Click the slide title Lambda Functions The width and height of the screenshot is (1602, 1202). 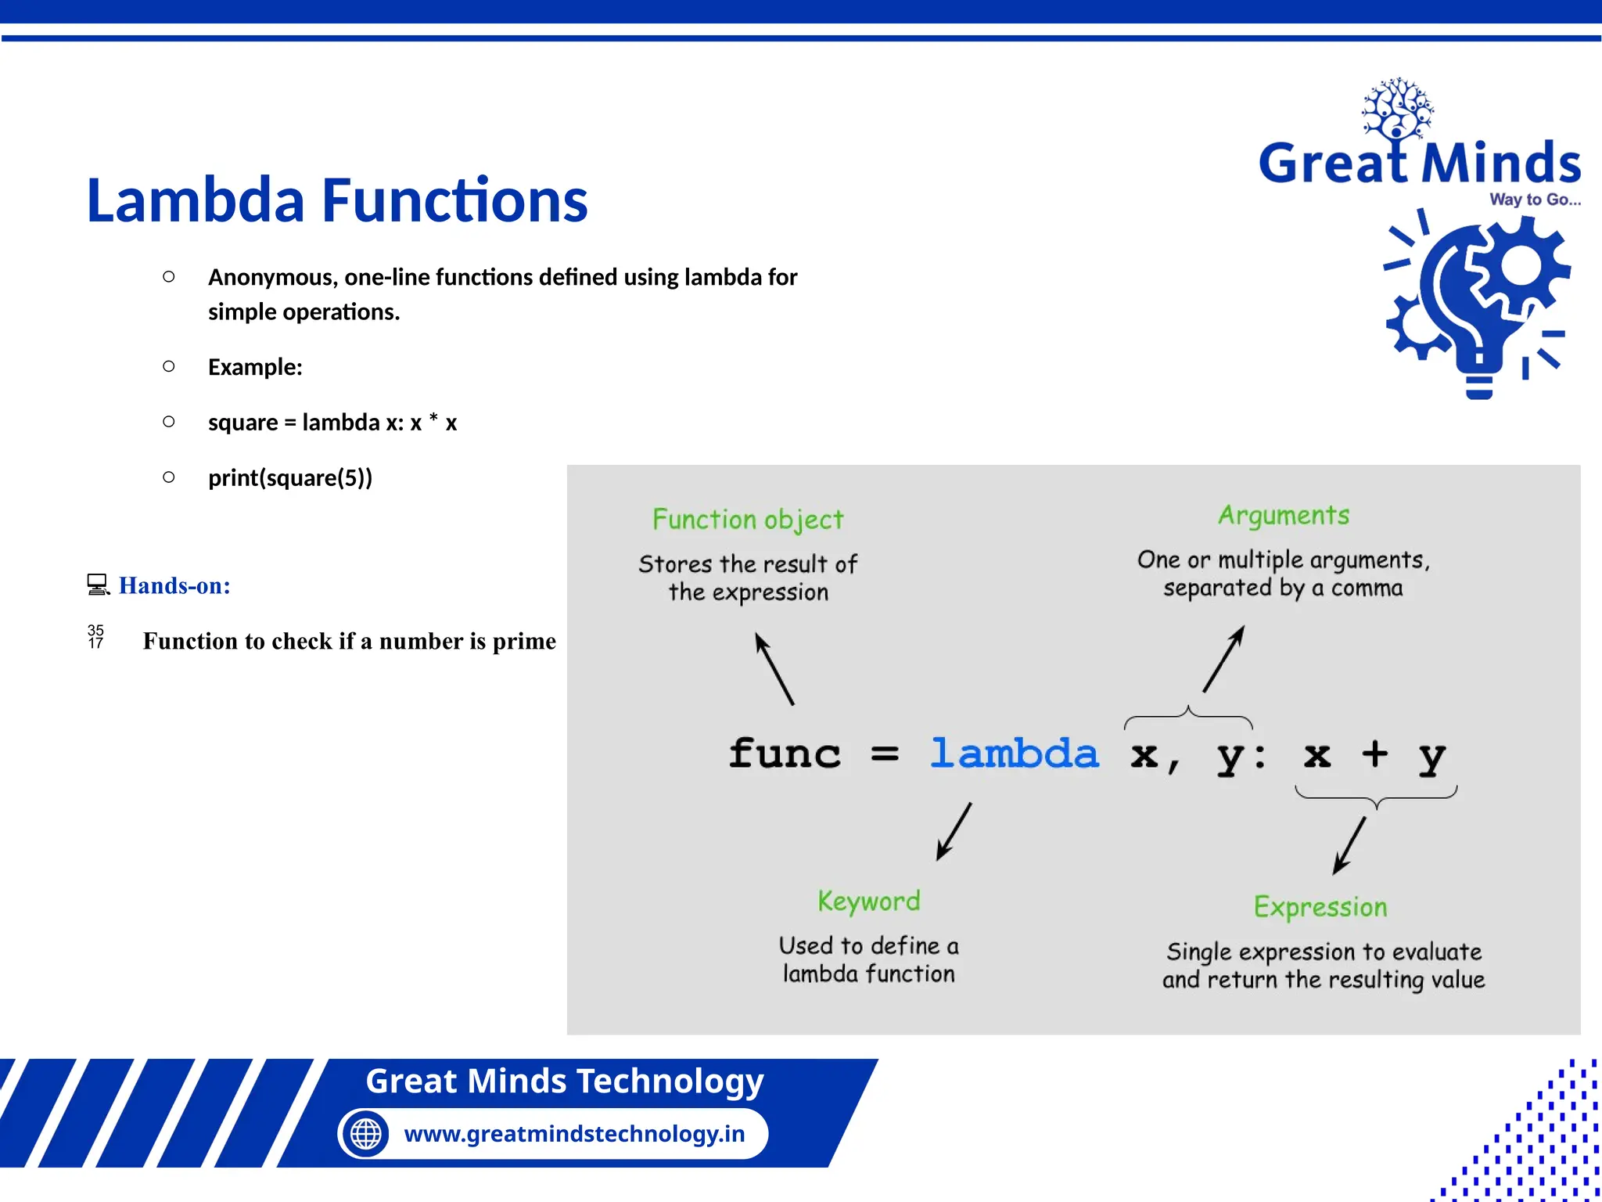click(336, 200)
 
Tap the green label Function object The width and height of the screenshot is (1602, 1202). click(748, 520)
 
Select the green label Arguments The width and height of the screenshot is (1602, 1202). click(1283, 515)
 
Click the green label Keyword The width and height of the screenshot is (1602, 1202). click(868, 901)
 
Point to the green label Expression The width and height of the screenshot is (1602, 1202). click(1320, 907)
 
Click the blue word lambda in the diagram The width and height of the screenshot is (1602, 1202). click(1014, 754)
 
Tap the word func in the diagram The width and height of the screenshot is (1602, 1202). click(785, 754)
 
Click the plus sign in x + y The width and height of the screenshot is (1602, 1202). click(1374, 754)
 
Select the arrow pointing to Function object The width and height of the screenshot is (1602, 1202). click(774, 669)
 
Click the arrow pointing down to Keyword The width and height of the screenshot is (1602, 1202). click(954, 831)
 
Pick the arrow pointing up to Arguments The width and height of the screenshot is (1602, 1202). click(1223, 659)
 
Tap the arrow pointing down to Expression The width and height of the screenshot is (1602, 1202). click(1349, 845)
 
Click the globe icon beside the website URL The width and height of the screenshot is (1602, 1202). click(365, 1133)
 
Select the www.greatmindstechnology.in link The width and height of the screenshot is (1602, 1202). click(574, 1133)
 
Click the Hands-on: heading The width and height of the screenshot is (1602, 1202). click(174, 585)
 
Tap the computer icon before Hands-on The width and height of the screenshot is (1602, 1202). click(98, 585)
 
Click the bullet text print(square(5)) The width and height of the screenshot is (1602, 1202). click(290, 477)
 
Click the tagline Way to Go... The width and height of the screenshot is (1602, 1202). click(1534, 200)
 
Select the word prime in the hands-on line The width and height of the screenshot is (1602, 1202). click(524, 642)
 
